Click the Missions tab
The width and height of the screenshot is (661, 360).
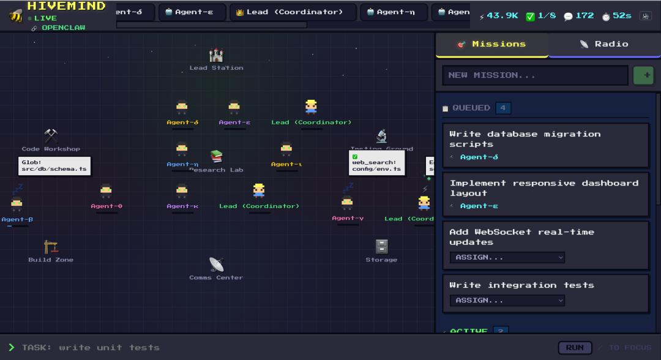(491, 44)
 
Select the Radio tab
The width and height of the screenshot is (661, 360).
(604, 44)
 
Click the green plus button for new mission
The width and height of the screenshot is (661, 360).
(643, 75)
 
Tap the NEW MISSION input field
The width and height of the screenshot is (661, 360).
(535, 75)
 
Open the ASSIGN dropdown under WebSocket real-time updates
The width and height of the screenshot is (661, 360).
(507, 257)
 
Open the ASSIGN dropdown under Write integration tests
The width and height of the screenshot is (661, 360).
(507, 300)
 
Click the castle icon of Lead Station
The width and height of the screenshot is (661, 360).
(216, 56)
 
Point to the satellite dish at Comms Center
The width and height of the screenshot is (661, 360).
(216, 264)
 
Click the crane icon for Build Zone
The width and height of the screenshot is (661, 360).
(51, 247)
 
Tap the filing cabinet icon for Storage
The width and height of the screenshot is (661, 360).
(381, 246)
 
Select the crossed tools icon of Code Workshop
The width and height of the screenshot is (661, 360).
(51, 136)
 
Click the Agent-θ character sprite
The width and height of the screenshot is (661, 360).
(106, 191)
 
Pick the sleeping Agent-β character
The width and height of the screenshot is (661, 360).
(17, 203)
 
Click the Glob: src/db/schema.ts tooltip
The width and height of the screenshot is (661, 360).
(54, 165)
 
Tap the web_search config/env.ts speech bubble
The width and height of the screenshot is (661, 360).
(376, 163)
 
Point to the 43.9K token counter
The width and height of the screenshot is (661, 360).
(499, 16)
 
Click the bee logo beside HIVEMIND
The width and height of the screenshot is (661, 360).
(15, 15)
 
